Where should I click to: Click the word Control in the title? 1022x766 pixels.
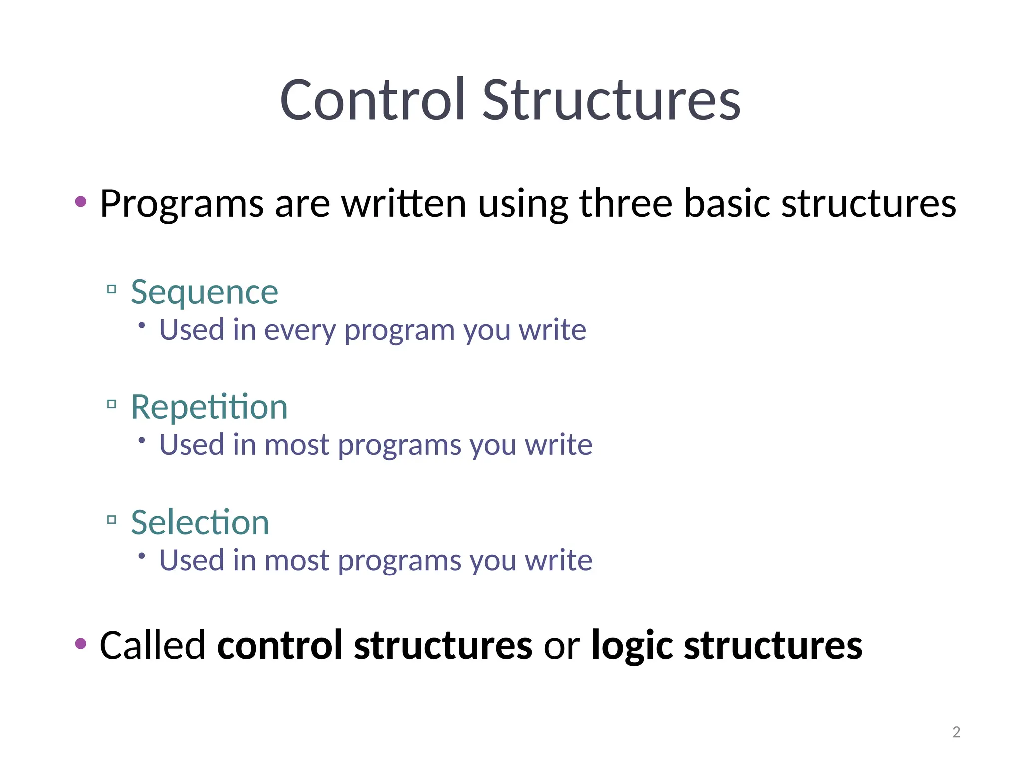point(372,101)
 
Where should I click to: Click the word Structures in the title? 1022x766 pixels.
point(611,101)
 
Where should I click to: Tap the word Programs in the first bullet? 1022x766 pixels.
point(182,204)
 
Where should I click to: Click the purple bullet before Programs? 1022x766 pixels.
point(81,202)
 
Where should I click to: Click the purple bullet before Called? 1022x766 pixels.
point(81,644)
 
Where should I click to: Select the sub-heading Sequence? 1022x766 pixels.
point(205,292)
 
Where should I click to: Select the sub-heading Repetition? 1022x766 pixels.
point(209,407)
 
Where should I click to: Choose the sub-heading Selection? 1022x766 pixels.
point(200,522)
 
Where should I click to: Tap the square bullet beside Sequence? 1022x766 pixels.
point(112,289)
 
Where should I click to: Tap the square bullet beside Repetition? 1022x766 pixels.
point(112,404)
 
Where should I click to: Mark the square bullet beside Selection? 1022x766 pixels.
point(112,520)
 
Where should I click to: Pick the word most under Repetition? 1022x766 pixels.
point(296,445)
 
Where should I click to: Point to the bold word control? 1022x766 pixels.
point(279,645)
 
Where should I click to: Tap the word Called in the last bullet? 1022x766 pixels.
point(152,645)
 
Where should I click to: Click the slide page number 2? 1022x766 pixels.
point(956,732)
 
